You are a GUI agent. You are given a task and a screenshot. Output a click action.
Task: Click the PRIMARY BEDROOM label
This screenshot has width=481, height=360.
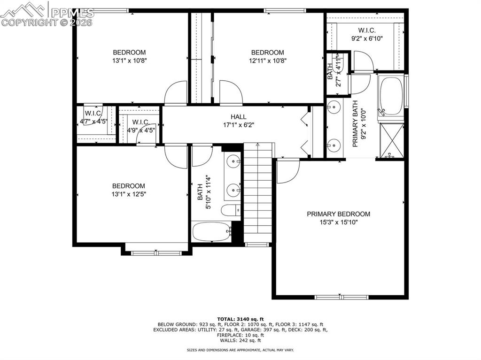pyautogui.click(x=338, y=214)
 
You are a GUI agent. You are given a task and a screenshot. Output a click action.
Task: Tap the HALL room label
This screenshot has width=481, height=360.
pyautogui.click(x=238, y=117)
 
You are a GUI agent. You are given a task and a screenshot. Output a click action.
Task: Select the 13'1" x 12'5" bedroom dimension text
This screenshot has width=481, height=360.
pyautogui.click(x=129, y=194)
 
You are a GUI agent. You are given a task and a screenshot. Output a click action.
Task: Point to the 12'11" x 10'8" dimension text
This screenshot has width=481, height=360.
pyautogui.click(x=267, y=61)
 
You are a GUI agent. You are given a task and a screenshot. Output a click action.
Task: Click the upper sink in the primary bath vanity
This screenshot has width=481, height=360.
pyautogui.click(x=334, y=107)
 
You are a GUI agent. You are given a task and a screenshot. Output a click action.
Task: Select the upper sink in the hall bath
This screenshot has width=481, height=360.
pyautogui.click(x=233, y=162)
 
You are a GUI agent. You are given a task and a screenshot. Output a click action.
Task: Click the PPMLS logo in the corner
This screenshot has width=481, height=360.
pyautogui.click(x=47, y=14)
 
